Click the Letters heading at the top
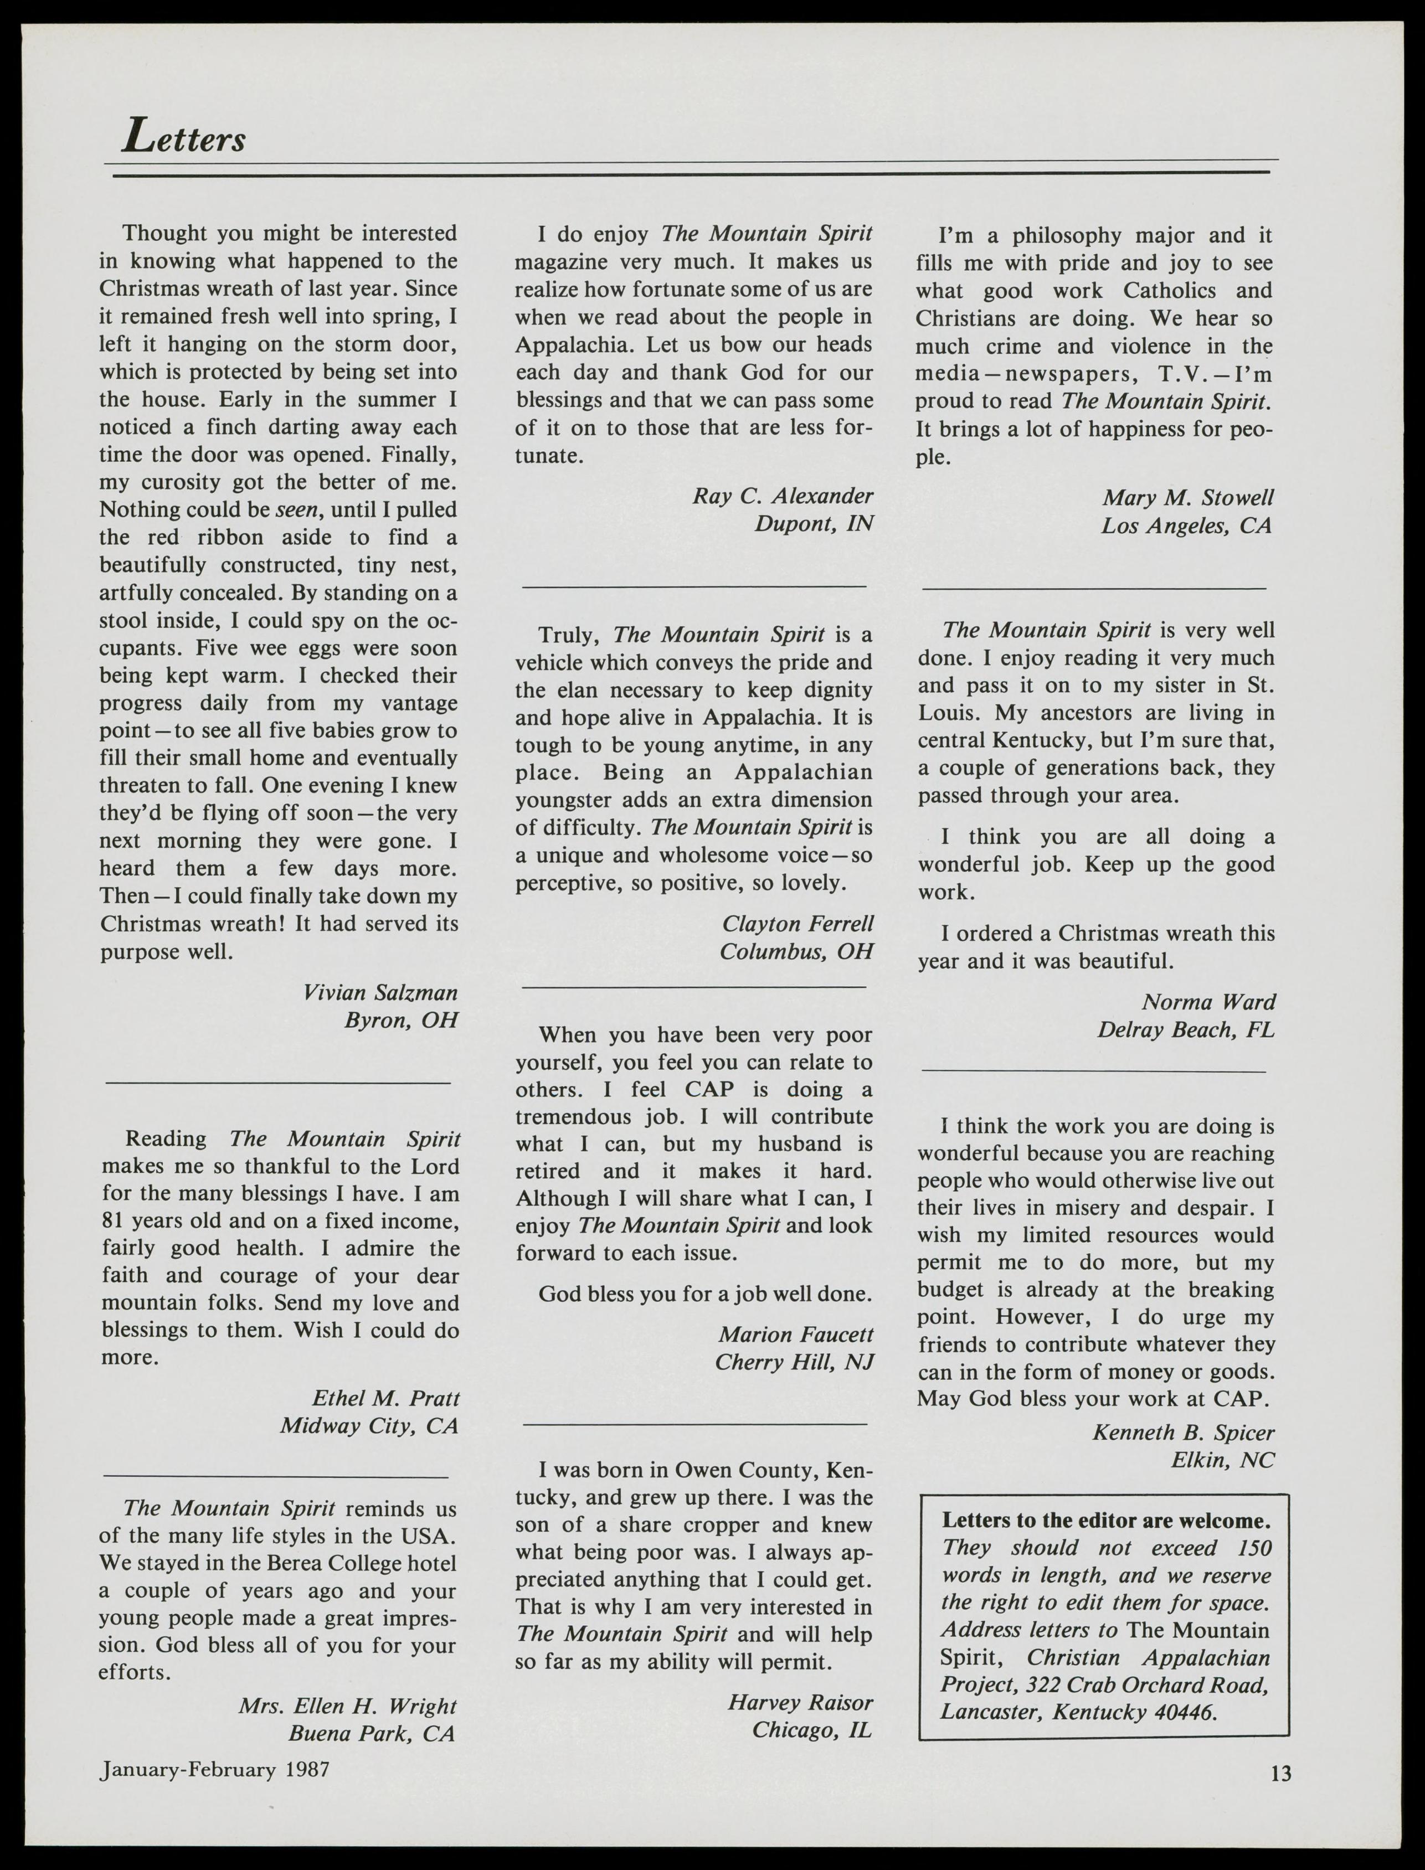pos(184,137)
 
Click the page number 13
pos(1281,1773)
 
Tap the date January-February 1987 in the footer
pos(214,1769)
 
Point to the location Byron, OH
pos(400,1019)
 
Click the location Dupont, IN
pos(814,523)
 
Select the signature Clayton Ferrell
pos(798,924)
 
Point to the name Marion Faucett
pos(796,1335)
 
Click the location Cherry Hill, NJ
pos(794,1362)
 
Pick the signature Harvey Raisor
pos(800,1702)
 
